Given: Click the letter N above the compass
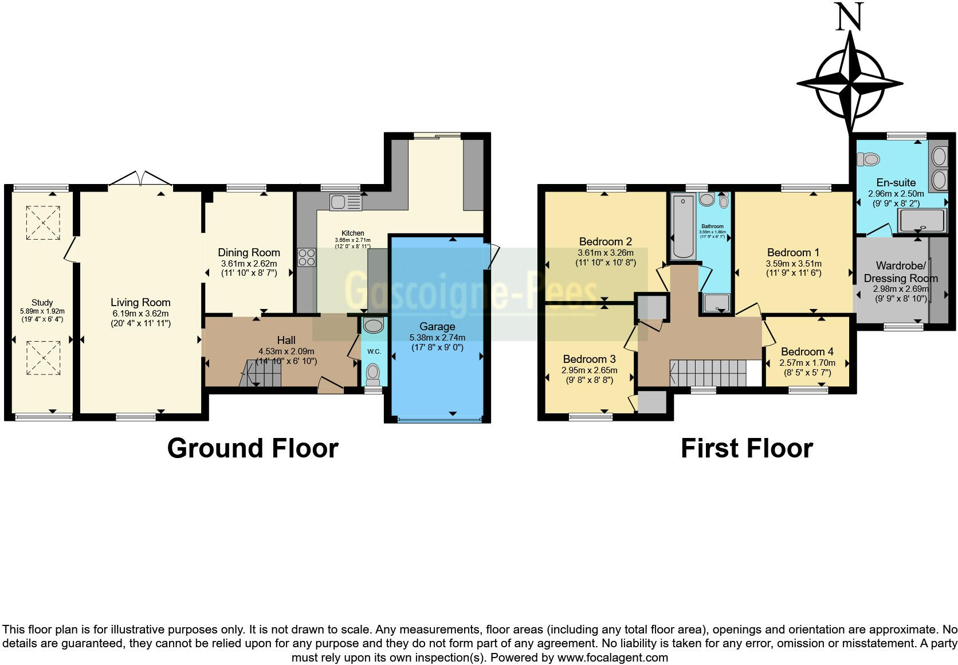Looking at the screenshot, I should (849, 17).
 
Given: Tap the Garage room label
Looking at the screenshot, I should (437, 327).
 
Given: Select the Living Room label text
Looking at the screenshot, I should (140, 302).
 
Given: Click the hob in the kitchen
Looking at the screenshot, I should (307, 257).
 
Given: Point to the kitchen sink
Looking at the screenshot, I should (345, 202).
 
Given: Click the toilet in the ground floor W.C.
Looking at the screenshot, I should (374, 374).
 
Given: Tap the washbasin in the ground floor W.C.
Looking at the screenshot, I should (374, 326).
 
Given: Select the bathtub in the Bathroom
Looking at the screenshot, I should (682, 226).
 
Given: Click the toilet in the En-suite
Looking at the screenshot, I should (869, 159).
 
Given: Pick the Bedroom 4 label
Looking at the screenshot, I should (807, 351).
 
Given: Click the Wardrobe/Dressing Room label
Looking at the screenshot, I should (901, 272).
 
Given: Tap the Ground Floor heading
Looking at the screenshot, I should (253, 448).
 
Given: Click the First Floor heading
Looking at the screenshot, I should (747, 448).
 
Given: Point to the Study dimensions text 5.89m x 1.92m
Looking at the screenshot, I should (42, 311).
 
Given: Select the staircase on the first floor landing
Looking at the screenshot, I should (708, 373).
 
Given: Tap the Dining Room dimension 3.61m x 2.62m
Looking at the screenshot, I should (249, 264).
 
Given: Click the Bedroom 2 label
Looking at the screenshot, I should (605, 241).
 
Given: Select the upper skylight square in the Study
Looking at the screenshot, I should (42, 222).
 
